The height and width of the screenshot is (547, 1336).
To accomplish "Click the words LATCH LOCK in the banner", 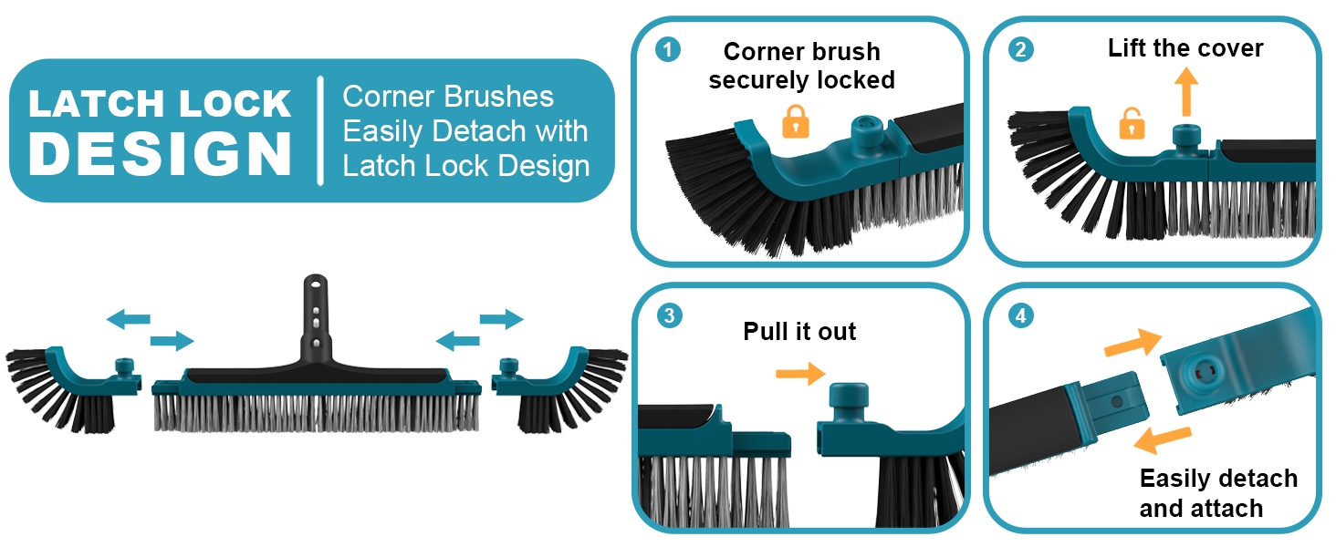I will tap(160, 104).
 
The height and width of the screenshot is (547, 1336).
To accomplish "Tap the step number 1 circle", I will tap(668, 50).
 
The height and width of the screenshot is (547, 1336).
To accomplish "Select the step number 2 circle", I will tap(1020, 50).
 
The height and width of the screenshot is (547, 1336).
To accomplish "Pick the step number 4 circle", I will tap(1020, 315).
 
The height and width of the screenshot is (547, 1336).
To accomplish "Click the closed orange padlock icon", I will tap(796, 121).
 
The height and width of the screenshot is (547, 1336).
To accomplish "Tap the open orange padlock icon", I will tap(1132, 123).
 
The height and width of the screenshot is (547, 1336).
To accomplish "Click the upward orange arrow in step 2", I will tap(1185, 91).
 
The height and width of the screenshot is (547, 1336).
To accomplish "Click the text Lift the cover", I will tap(1185, 48).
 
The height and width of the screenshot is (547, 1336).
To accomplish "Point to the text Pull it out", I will tap(799, 331).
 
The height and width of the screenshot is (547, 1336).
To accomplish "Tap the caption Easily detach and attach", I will tap(1217, 493).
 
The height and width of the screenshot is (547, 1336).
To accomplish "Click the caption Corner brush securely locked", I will tap(801, 66).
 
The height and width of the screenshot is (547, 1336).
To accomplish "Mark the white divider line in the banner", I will tap(320, 130).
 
